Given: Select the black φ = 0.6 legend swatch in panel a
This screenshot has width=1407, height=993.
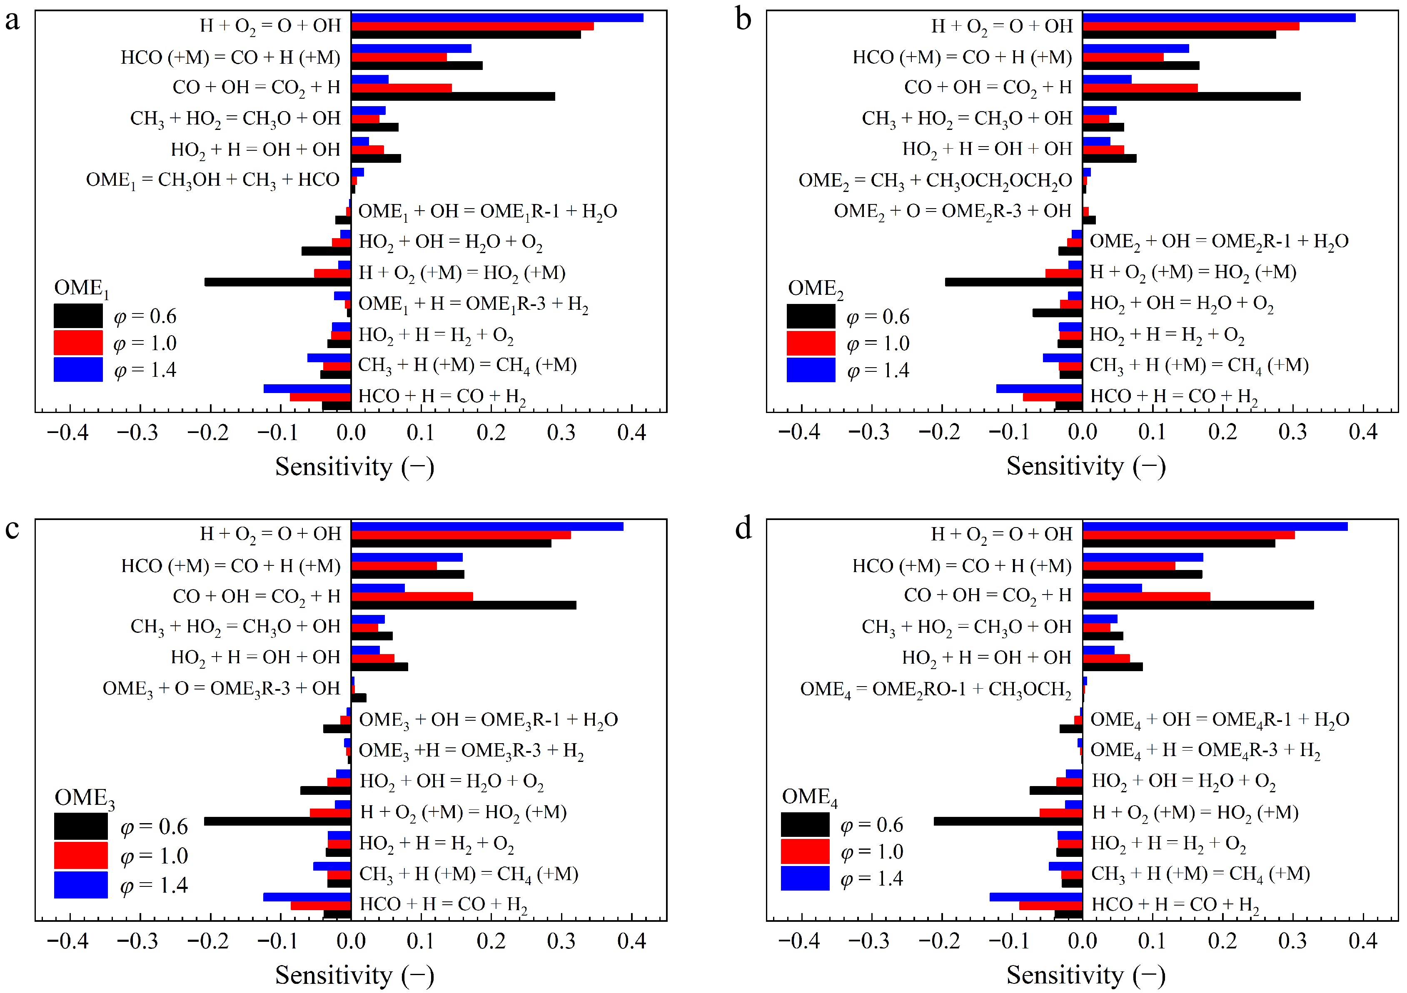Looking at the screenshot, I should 78,316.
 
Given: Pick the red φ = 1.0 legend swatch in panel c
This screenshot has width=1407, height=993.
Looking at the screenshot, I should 80,855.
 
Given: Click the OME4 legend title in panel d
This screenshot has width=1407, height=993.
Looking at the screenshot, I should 809,797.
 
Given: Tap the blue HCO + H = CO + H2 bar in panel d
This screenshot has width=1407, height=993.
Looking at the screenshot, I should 1035,897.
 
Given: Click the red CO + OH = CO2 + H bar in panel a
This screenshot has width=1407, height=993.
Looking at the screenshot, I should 402,87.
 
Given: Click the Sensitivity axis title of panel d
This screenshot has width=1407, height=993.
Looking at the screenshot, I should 1085,974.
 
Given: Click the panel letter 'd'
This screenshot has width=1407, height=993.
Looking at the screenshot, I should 743,528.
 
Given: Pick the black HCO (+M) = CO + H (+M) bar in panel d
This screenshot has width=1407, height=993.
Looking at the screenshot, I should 1142,574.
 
